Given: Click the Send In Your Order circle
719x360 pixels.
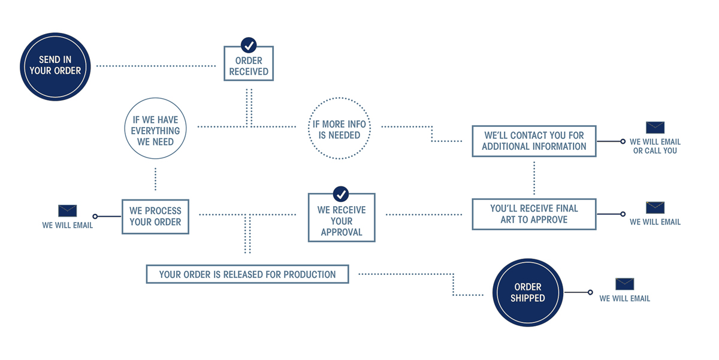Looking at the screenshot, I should pos(55,66).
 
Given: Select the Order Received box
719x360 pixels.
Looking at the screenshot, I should pos(249,65).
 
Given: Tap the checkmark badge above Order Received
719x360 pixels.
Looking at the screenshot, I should pos(249,45).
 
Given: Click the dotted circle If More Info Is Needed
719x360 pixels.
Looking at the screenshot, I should pos(339,130).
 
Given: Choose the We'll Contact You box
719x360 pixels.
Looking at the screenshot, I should pos(534,141).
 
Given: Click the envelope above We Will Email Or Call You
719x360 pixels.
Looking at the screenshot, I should pos(655,128).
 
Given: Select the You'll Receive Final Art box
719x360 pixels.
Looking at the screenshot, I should pos(534,214).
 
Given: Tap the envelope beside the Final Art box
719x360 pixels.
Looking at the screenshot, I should pos(655,208).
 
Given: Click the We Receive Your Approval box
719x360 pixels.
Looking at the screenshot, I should pos(342,220).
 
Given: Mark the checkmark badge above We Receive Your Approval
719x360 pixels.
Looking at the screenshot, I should pos(341,194).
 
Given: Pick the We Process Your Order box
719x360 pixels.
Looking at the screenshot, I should pos(155,216).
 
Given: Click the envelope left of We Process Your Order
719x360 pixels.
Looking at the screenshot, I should pos(68,211).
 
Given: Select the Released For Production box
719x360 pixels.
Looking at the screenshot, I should pos(247,274).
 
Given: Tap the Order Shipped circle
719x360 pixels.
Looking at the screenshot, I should pos(528,292).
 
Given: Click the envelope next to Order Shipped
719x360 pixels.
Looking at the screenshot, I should pos(624,284).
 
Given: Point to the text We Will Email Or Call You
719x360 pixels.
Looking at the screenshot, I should pos(655,146).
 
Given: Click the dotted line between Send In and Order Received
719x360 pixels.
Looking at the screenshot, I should pos(156,65).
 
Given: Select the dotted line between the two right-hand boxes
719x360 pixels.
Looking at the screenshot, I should pos(534,177).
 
